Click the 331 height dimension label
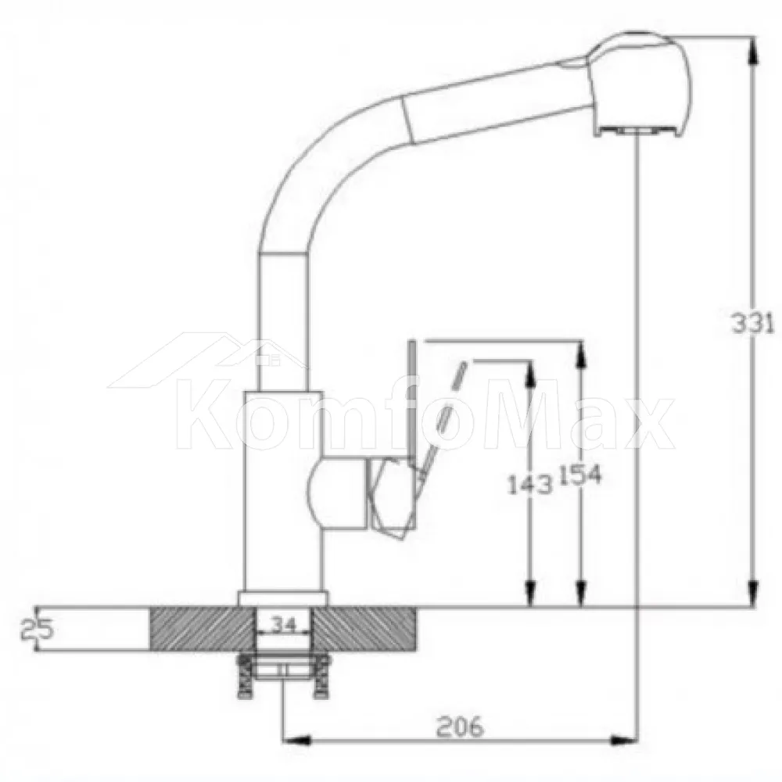pos(752,323)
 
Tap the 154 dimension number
pos(580,475)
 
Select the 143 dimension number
pos(530,484)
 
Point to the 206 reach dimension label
pos(460,726)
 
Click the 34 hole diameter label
pos(284,624)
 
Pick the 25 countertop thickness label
pos(37,630)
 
